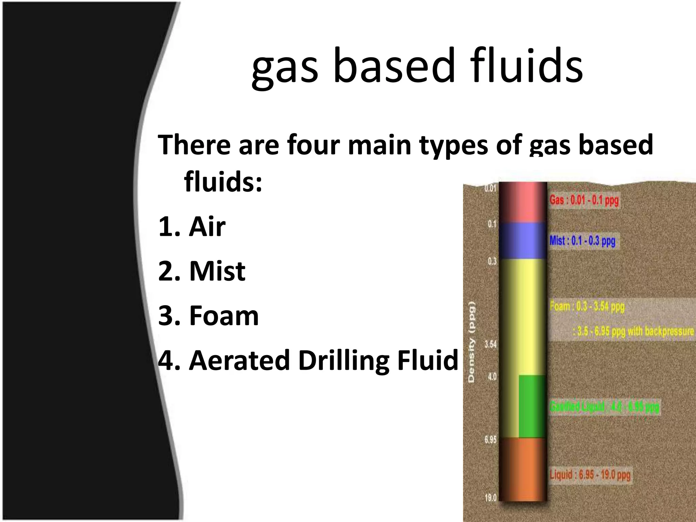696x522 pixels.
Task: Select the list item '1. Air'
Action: point(192,227)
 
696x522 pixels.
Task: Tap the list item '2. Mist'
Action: point(202,271)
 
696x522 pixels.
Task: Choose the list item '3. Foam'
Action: point(208,316)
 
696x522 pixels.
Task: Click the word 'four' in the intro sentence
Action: point(313,145)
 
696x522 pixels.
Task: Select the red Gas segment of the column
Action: point(523,203)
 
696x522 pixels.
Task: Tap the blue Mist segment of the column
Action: point(523,241)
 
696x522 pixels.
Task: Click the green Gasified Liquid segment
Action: point(532,406)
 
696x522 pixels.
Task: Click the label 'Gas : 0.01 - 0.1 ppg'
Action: point(584,200)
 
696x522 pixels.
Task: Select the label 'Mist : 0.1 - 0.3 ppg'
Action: point(582,241)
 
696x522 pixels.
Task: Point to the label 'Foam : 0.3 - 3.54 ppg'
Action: point(587,307)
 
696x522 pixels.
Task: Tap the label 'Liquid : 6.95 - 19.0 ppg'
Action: point(590,475)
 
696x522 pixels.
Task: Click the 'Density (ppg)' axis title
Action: point(471,342)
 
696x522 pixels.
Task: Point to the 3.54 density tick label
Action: point(490,345)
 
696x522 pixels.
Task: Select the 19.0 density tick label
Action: point(490,498)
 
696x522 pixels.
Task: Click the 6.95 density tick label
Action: point(490,440)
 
